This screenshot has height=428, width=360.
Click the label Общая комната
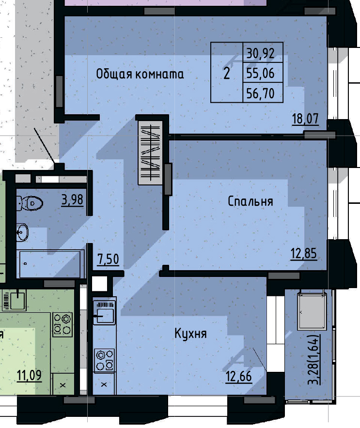point(140,74)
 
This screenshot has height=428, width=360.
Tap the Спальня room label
point(250,201)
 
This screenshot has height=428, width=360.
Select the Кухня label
point(191,334)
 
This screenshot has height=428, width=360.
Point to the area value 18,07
point(305,119)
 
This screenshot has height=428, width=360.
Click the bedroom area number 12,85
point(304,253)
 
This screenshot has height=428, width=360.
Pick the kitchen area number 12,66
point(239,376)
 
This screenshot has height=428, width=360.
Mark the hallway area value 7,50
point(108,260)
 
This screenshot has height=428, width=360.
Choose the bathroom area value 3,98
point(73,199)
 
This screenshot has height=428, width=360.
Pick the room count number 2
point(226,74)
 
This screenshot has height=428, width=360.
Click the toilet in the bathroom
point(29,203)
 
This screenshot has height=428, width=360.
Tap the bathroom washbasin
point(22,232)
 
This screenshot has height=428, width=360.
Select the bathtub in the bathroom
point(48,264)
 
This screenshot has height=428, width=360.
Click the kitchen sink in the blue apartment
point(104,312)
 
